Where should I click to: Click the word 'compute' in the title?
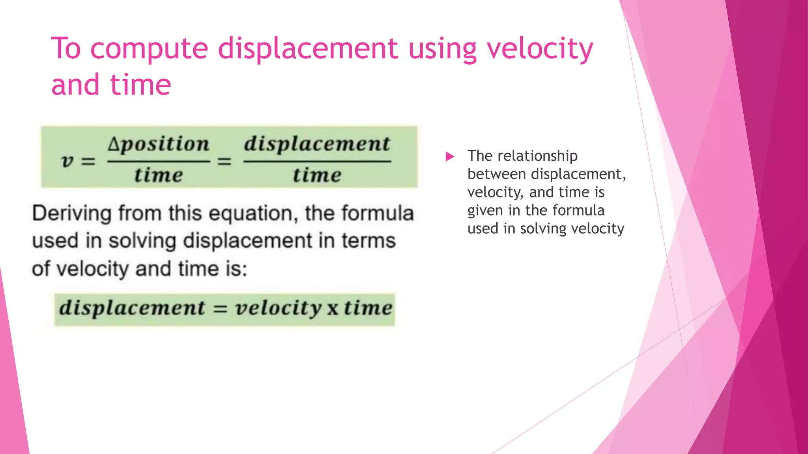point(149,49)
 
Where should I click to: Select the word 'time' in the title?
point(140,85)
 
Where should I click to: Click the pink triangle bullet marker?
point(449,156)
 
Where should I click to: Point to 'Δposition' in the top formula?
point(159,144)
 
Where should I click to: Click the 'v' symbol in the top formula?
point(67,161)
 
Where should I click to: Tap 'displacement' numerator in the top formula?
point(317,144)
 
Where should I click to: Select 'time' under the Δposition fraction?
point(159,175)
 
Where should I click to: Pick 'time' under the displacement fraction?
point(317,175)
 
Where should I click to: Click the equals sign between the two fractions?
point(224,162)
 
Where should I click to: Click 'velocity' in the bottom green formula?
point(279,308)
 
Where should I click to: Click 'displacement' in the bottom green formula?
point(132,308)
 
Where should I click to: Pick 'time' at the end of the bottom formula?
point(368,308)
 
